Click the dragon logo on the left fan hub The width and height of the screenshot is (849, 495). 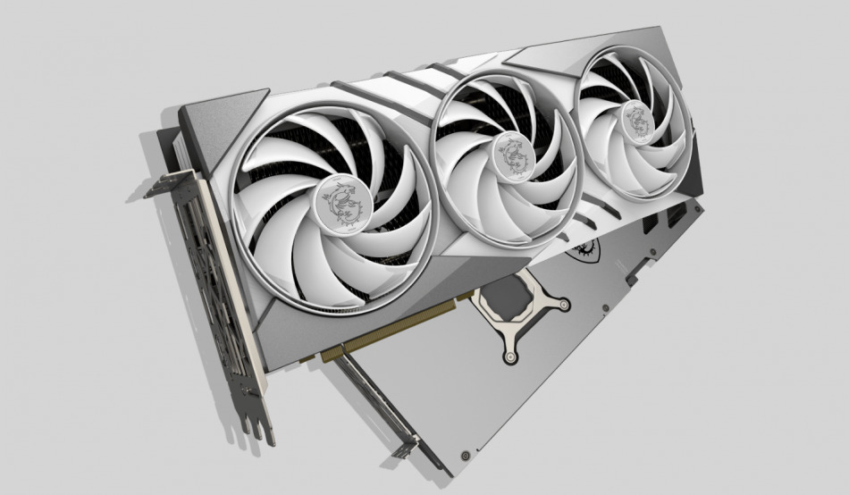tap(340, 201)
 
